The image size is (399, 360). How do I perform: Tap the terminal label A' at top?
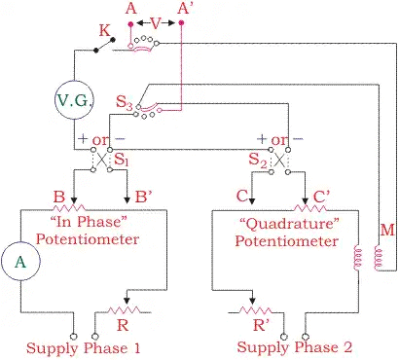(x=181, y=9)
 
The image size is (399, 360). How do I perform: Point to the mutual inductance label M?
(x=387, y=230)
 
